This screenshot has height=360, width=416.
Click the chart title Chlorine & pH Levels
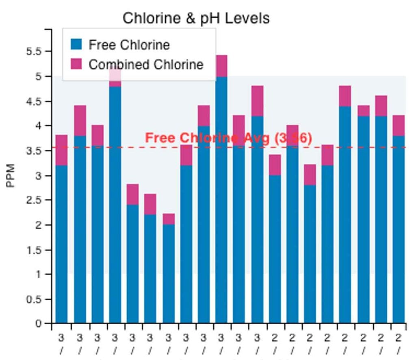[196, 18]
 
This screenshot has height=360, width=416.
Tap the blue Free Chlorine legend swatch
[76, 44]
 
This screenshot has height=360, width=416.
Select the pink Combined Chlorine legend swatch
[76, 64]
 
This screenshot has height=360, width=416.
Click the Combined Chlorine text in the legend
[146, 65]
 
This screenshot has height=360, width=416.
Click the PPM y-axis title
[11, 175]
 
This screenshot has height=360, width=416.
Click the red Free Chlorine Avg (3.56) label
[228, 138]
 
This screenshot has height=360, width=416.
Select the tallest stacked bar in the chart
[221, 191]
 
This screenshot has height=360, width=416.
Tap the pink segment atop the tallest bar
[221, 66]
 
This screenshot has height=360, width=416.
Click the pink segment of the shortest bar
[169, 219]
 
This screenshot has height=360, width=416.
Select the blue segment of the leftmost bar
[61, 244]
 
